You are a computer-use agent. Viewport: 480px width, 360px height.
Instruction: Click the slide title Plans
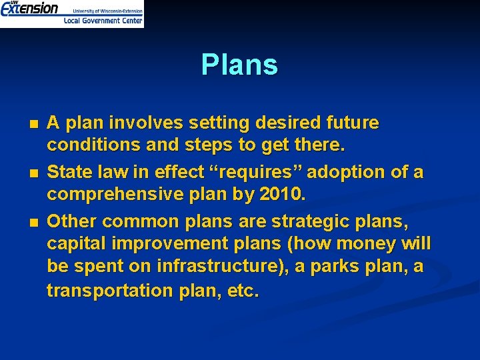[239, 65]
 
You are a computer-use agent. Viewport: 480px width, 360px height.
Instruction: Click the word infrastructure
[213, 267]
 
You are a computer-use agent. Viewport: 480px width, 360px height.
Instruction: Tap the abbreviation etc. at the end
[243, 291]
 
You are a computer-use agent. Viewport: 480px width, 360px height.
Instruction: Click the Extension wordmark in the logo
[29, 9]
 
